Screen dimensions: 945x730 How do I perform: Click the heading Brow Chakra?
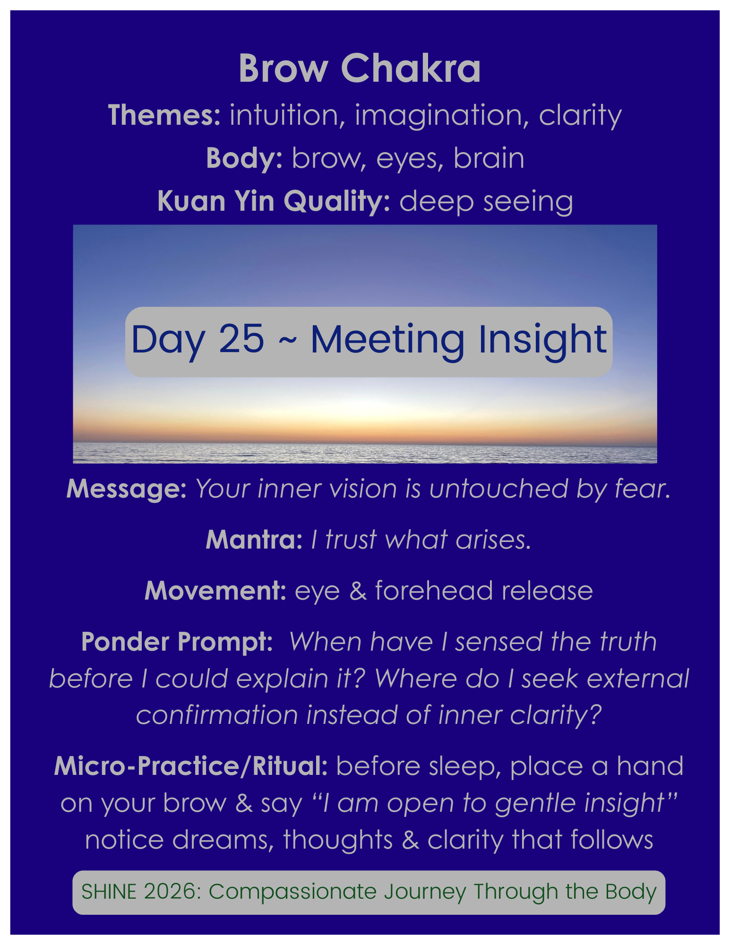pos(360,69)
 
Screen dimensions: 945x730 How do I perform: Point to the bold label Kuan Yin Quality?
pos(274,201)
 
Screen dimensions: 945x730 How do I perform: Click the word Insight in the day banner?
pos(542,340)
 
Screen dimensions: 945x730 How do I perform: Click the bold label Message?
pos(127,489)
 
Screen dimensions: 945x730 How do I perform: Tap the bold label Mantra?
pos(254,540)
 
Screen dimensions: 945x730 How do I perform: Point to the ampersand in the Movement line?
pos(358,591)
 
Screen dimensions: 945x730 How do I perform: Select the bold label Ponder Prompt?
pos(177,642)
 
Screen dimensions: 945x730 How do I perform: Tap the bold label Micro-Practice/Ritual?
pos(191,766)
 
